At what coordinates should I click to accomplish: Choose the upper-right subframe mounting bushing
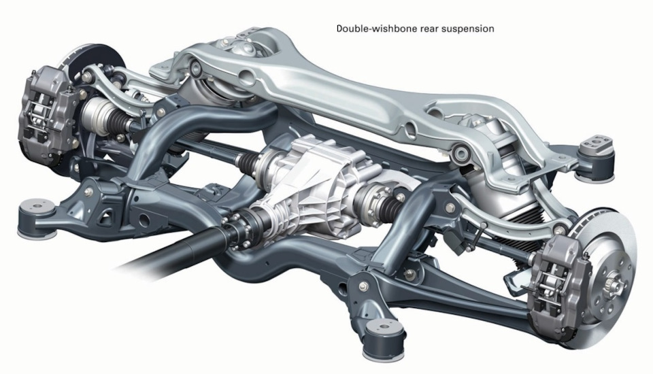(597, 153)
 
